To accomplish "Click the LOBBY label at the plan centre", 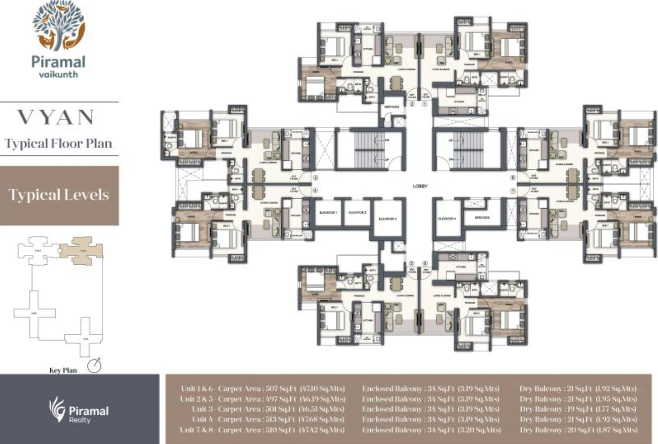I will pos(420,186).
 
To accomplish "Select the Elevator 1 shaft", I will pos(329,213).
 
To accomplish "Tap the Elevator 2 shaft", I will pos(357,213).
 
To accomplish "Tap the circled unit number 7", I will pos(513,190).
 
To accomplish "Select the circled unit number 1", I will pos(425,104).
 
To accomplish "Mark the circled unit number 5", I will pos(411,263).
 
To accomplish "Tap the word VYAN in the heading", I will pos(56,117).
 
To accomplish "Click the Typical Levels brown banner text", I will pos(59,195).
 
